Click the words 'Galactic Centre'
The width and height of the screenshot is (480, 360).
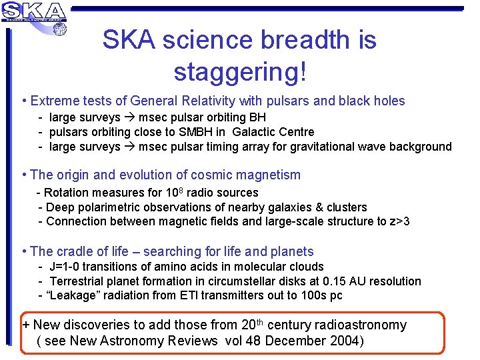pyautogui.click(x=273, y=132)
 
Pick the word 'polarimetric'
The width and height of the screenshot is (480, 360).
pyautogui.click(x=108, y=207)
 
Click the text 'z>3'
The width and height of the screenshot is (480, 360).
pyautogui.click(x=399, y=221)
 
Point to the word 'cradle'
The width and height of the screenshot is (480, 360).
pyautogui.click(x=79, y=252)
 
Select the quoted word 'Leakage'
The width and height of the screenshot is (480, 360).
pyautogui.click(x=70, y=295)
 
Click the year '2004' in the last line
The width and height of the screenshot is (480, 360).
pyautogui.click(x=343, y=341)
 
